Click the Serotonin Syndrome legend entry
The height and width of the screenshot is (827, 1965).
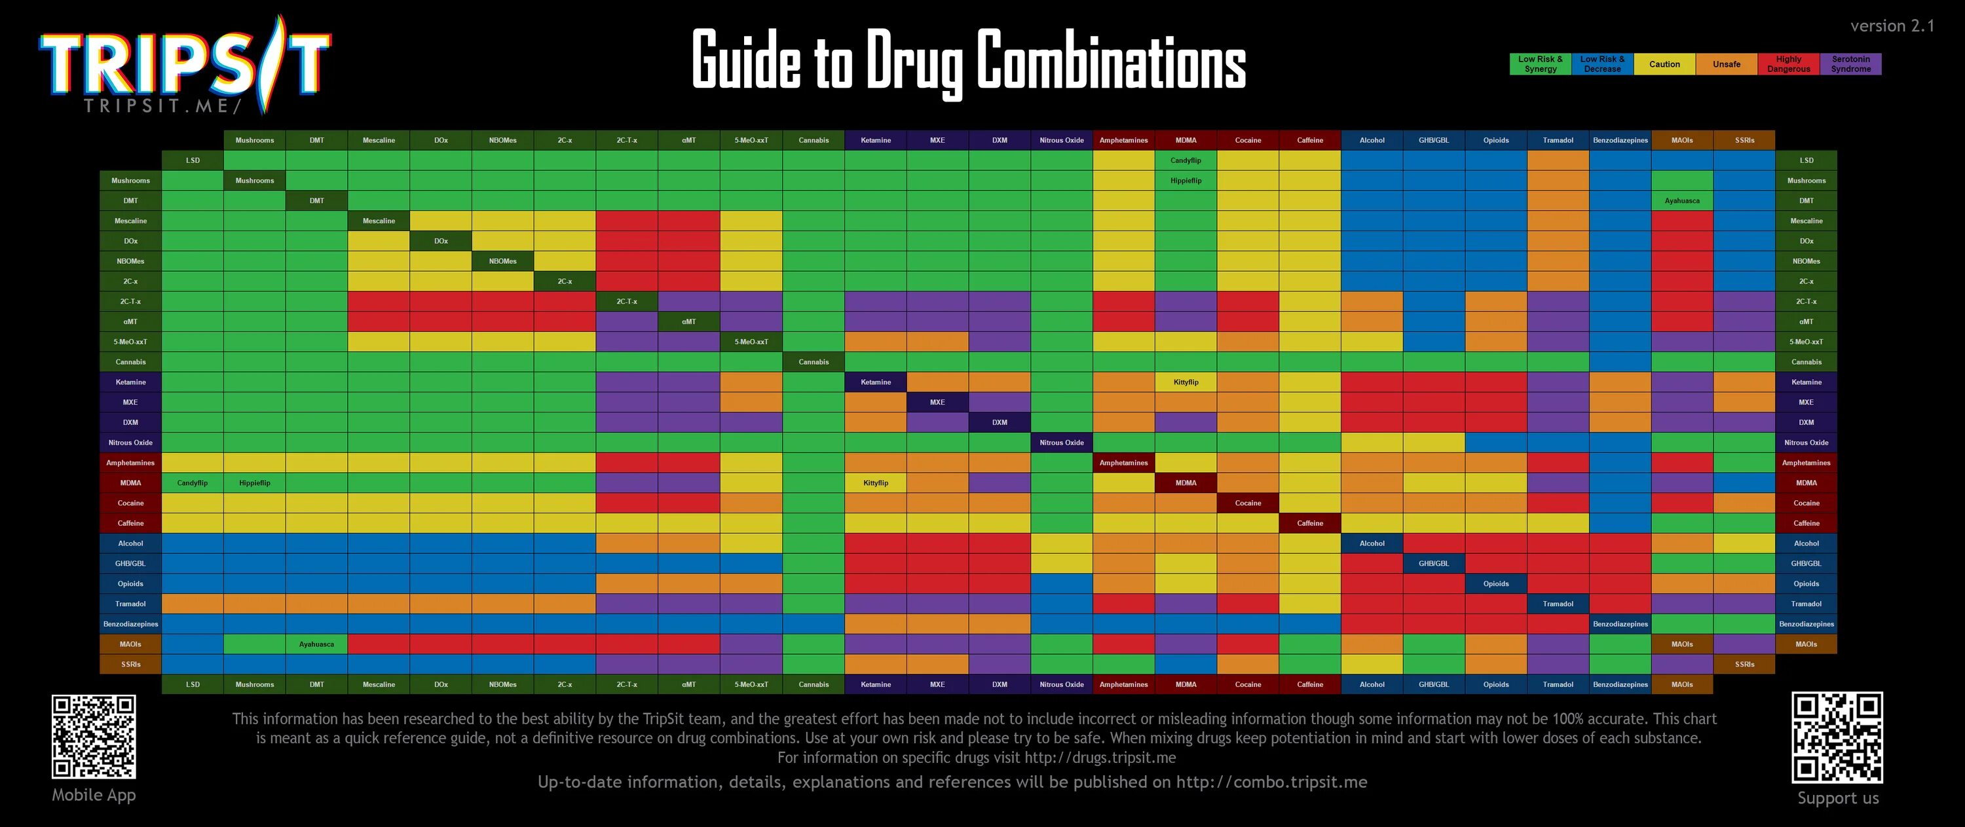point(1850,64)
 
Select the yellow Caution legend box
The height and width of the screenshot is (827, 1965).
point(1664,64)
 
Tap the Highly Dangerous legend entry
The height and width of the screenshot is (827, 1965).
point(1788,64)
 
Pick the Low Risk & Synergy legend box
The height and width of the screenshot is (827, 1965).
point(1540,64)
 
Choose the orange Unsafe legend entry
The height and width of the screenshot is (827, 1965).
point(1726,64)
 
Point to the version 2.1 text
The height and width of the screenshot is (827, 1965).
point(1892,26)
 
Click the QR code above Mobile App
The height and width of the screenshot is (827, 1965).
point(94,736)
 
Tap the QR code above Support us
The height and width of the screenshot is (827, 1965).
point(1837,737)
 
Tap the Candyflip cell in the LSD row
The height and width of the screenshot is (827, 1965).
point(1186,160)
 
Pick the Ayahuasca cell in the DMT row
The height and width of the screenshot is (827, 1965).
point(1682,200)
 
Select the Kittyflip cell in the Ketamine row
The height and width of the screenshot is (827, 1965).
point(1186,382)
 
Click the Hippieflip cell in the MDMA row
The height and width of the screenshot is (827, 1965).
point(254,483)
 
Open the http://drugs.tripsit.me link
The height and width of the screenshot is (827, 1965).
point(1099,758)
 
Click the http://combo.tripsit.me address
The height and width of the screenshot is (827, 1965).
point(1271,782)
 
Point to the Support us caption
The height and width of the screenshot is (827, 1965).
point(1838,798)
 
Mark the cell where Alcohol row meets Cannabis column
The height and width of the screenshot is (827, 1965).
point(813,543)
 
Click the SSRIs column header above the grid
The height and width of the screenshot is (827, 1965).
point(1744,140)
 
